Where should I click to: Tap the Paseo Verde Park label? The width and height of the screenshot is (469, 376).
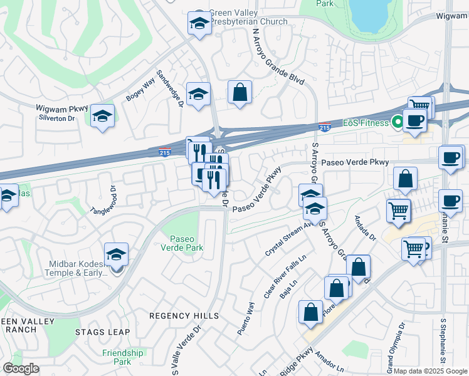click(x=187, y=243)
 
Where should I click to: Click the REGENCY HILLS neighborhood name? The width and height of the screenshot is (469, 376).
click(x=183, y=315)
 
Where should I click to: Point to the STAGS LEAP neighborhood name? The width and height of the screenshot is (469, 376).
click(x=102, y=332)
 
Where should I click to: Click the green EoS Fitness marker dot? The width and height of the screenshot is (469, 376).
click(x=397, y=122)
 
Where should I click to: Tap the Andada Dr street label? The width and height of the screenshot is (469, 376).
click(x=364, y=229)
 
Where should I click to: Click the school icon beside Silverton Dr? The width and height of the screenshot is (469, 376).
click(x=102, y=116)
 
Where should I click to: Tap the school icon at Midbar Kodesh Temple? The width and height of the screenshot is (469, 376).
click(x=116, y=254)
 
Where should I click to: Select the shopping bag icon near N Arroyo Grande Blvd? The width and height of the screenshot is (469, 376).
click(x=240, y=93)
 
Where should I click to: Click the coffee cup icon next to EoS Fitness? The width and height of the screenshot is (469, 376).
click(x=414, y=120)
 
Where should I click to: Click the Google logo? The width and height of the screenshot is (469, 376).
click(x=21, y=368)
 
